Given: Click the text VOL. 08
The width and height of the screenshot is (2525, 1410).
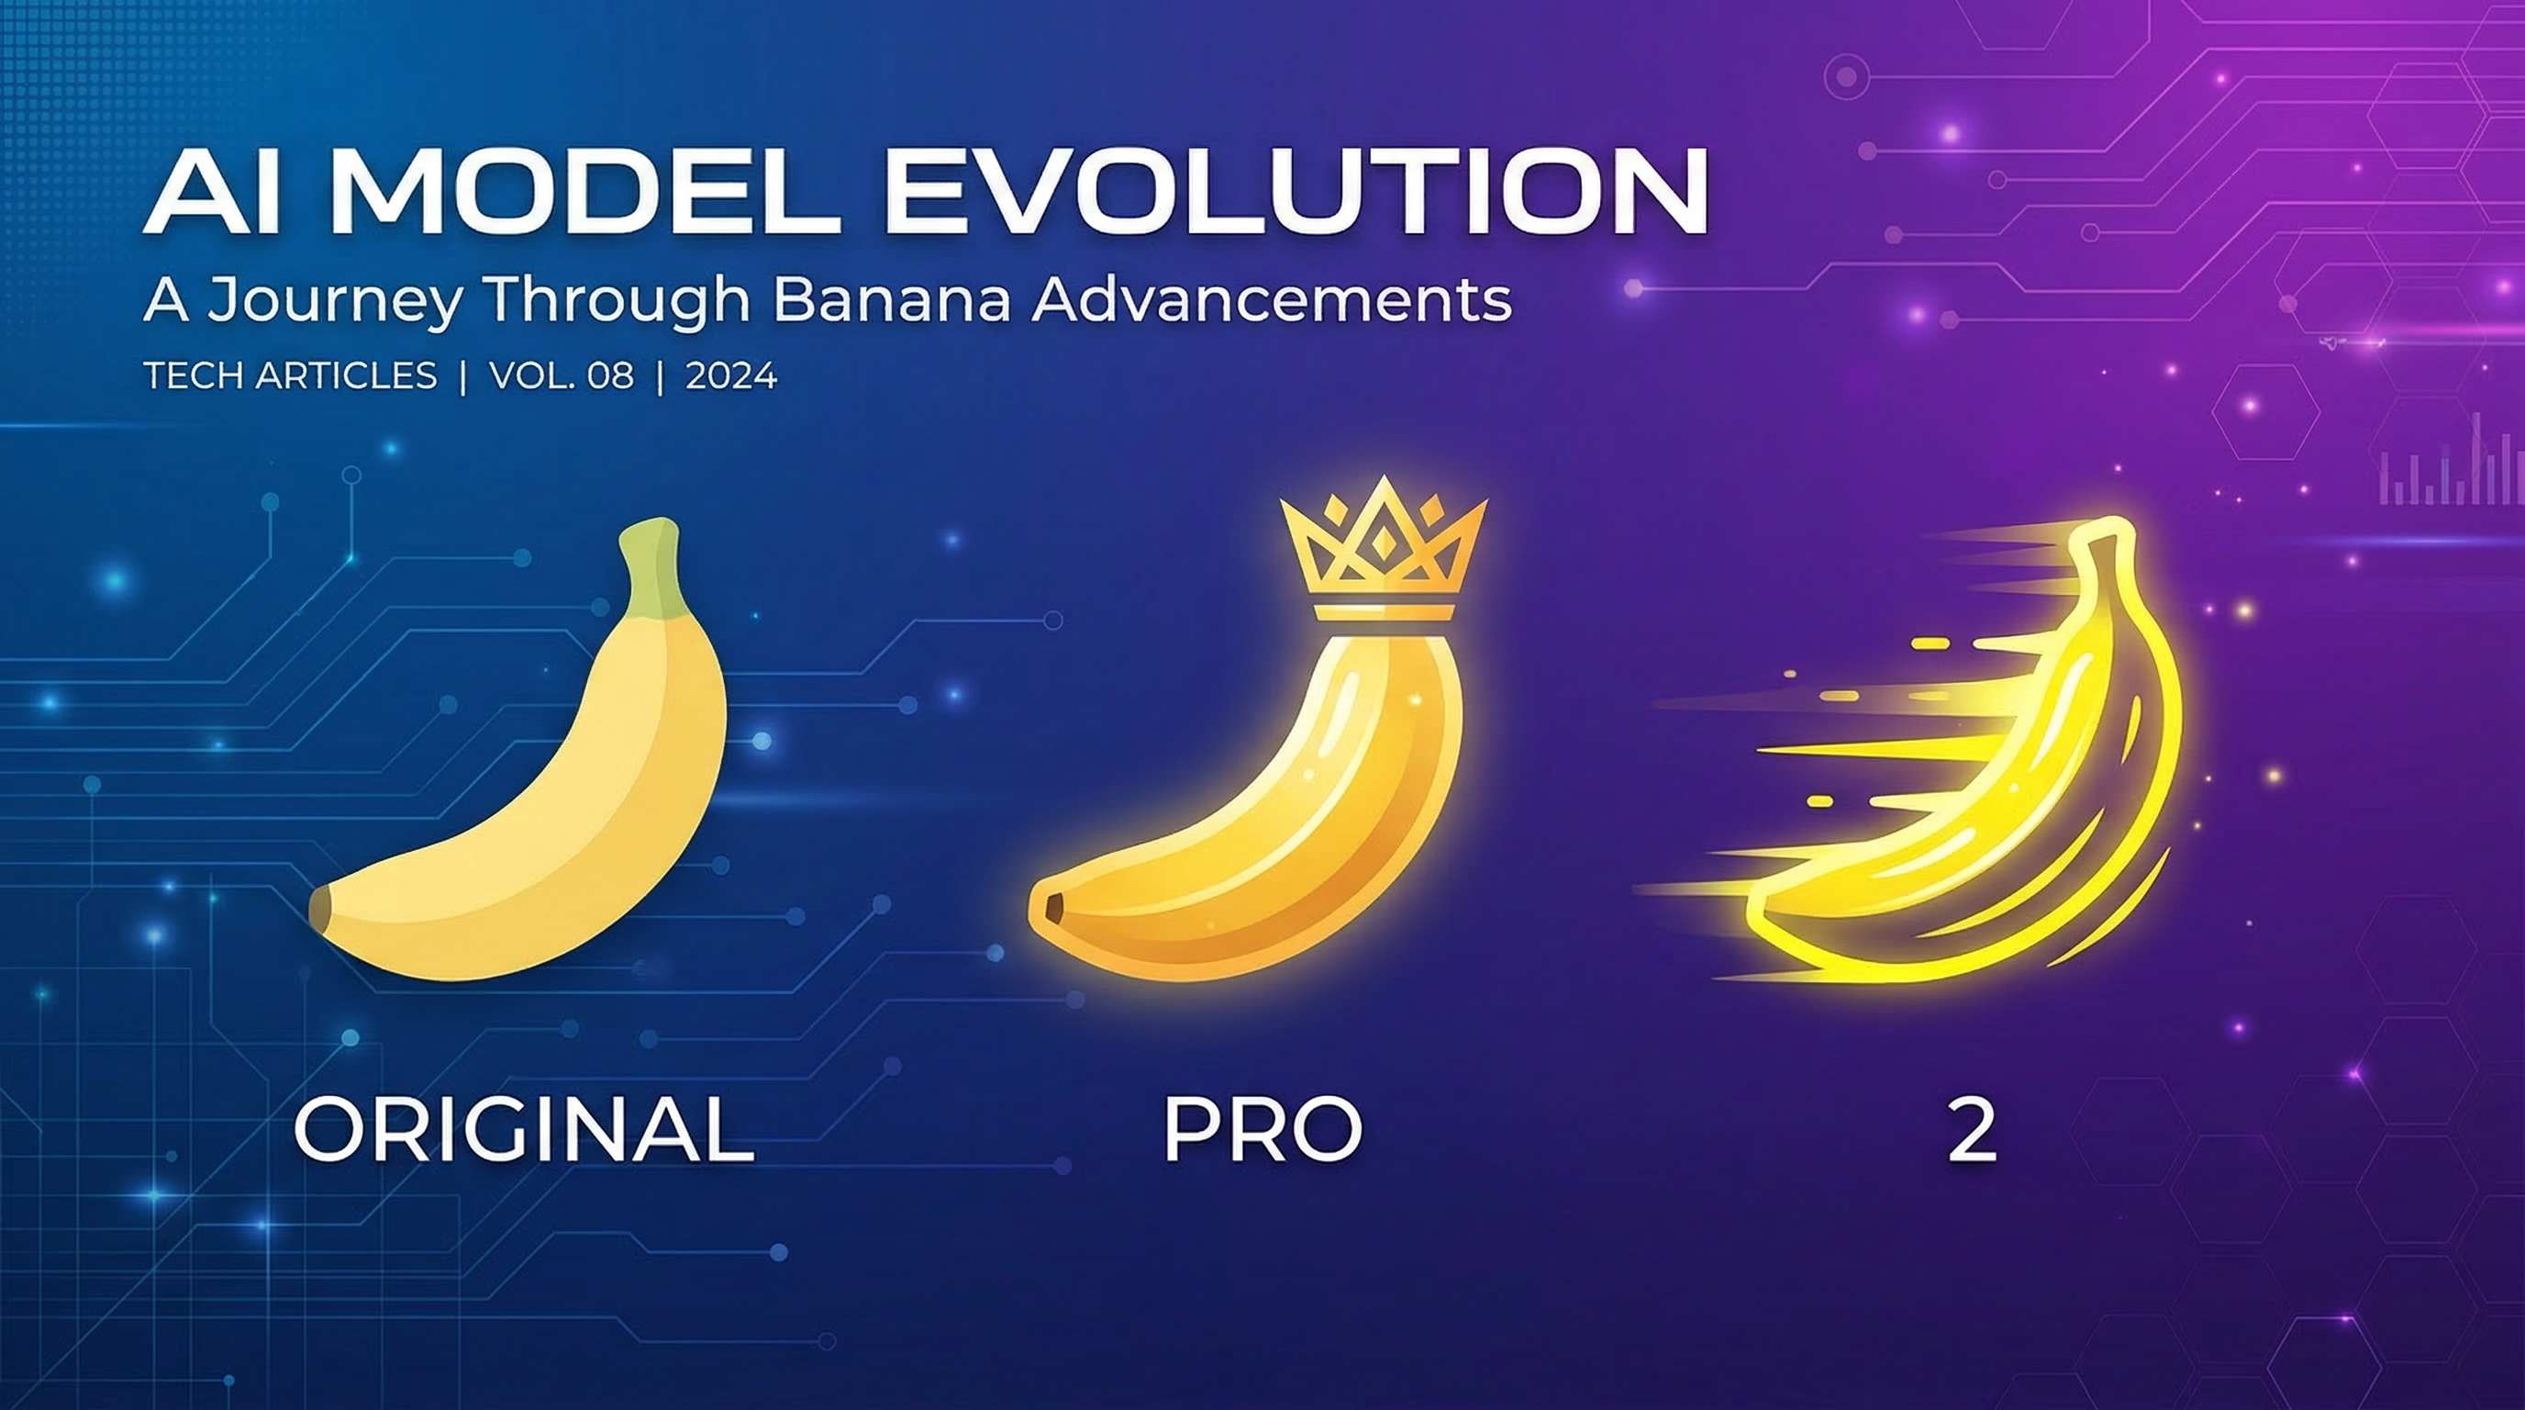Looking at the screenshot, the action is coord(562,375).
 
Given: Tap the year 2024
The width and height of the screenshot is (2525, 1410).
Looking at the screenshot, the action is coord(731,375).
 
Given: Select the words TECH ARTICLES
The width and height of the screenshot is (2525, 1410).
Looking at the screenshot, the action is coord(290,375).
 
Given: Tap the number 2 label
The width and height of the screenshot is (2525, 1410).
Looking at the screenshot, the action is coord(1972,1130).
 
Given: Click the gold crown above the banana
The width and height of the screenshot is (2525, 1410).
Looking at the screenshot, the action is coord(1383,549).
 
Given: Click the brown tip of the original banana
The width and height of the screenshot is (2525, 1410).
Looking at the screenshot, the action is coord(320,908).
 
